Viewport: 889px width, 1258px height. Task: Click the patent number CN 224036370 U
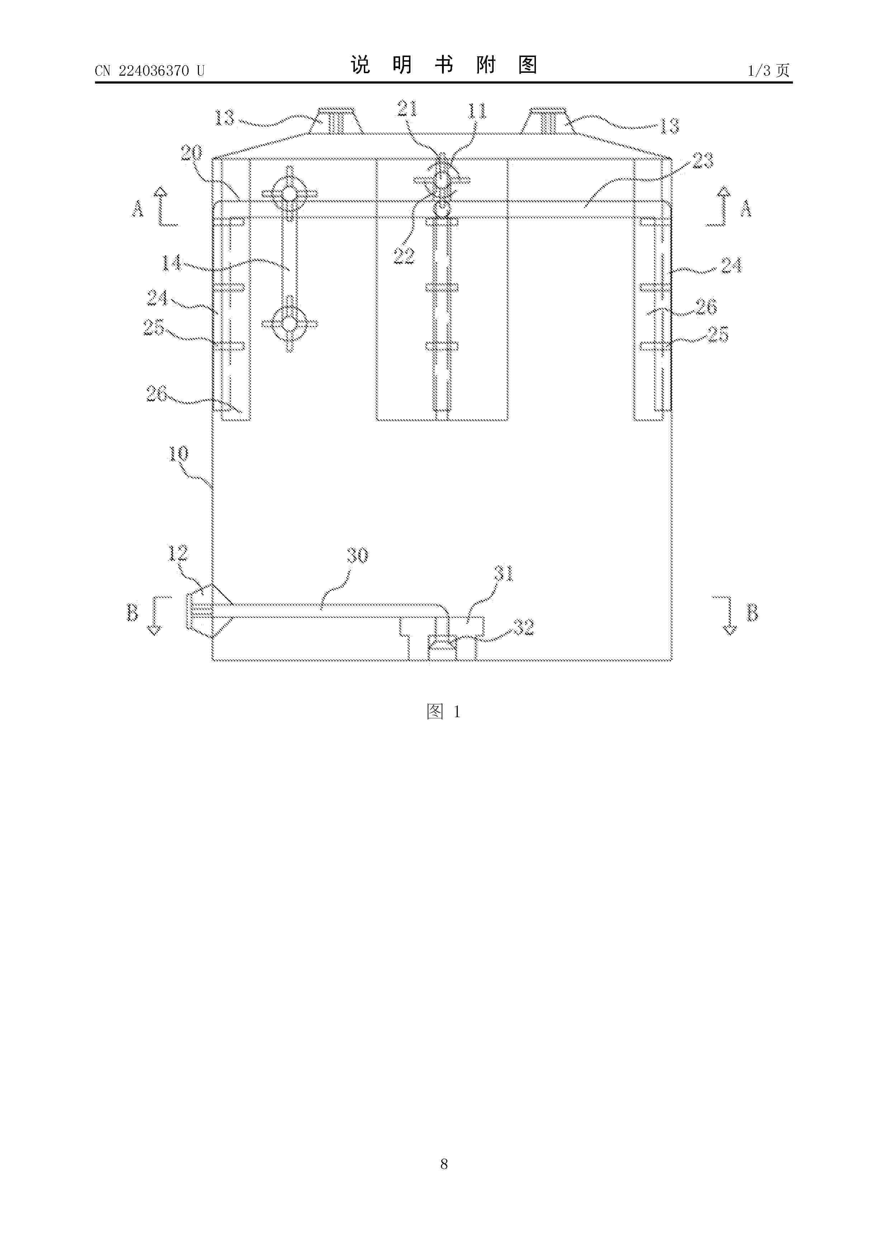149,71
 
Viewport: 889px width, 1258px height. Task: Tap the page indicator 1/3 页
769,70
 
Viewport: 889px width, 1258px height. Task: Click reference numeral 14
171,264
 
